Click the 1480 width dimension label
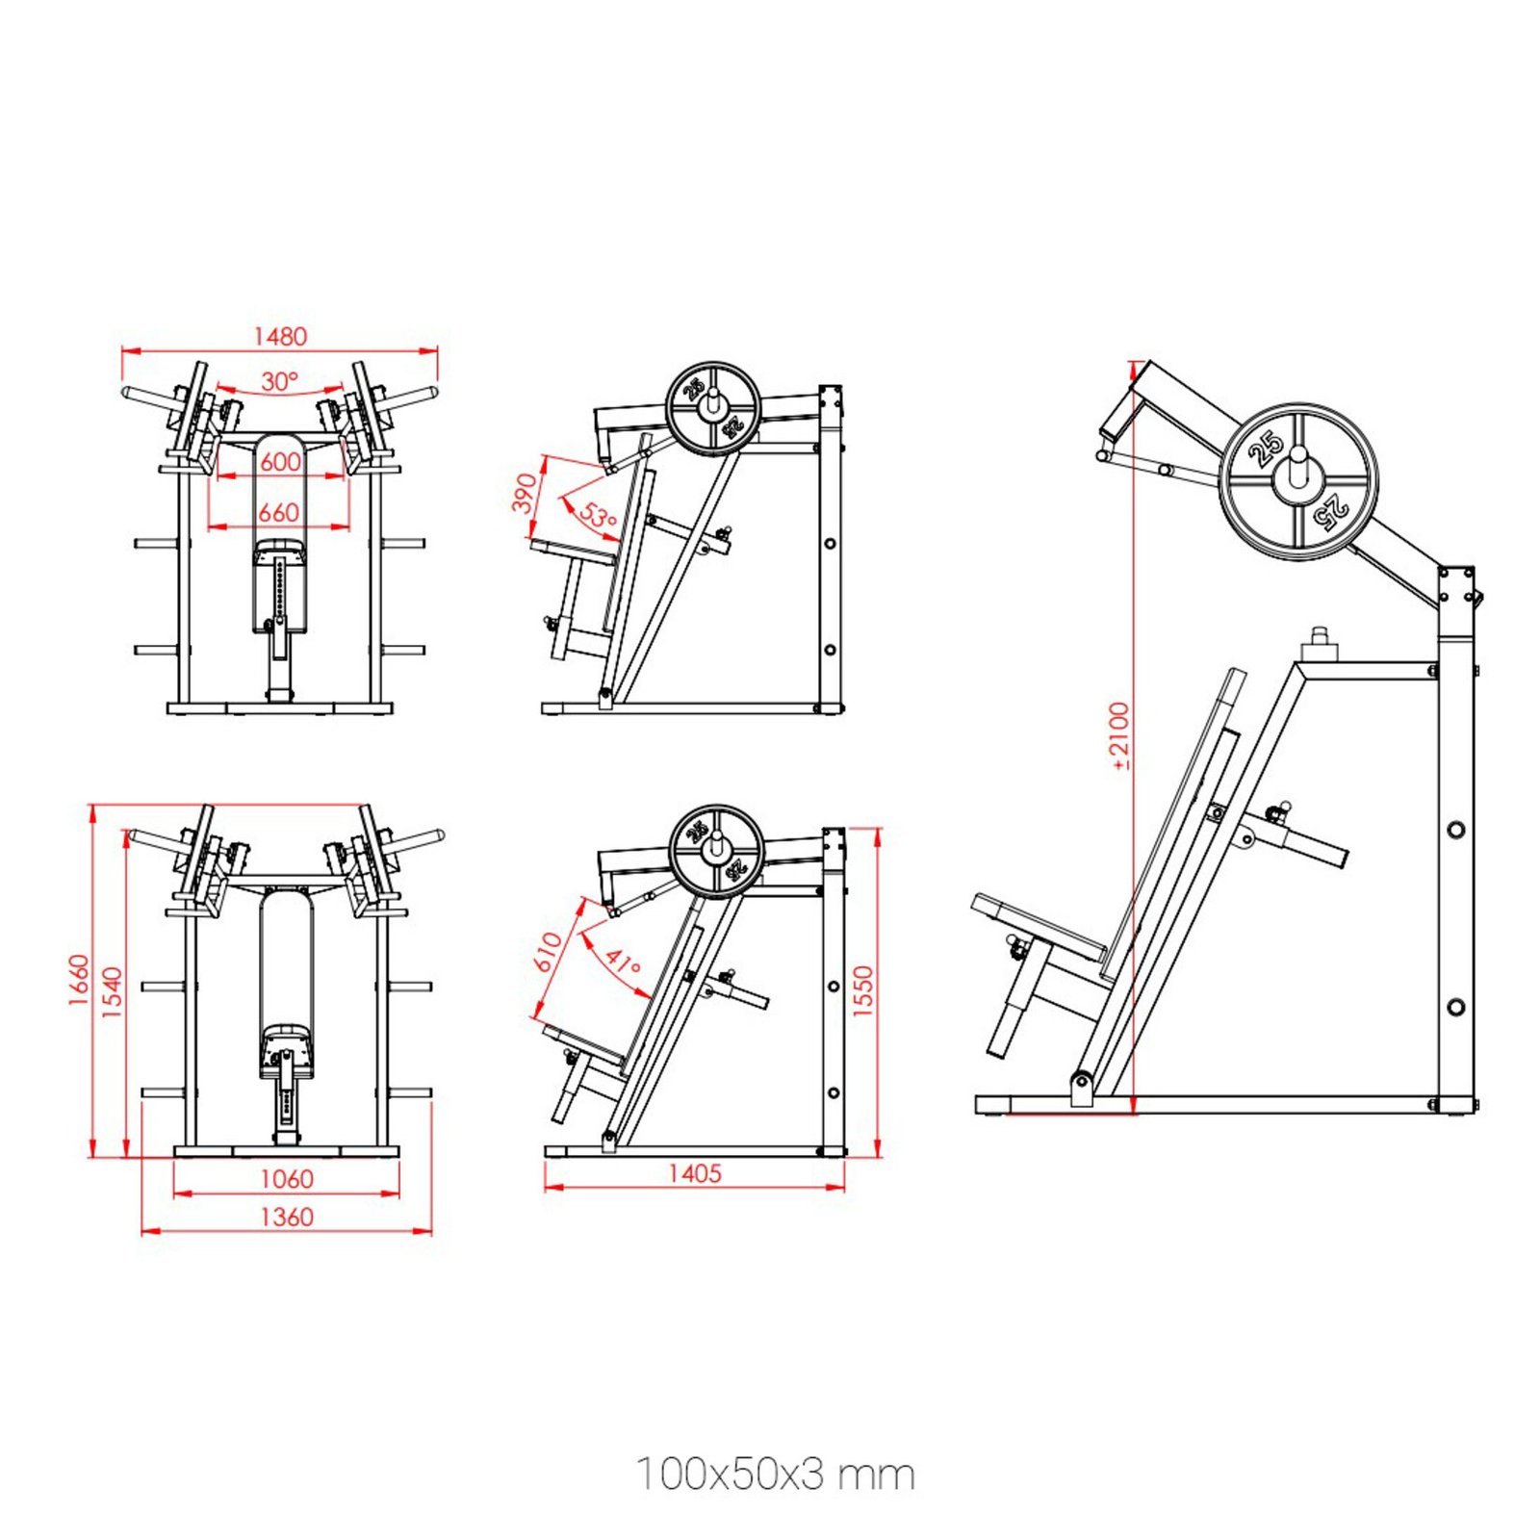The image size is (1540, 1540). (280, 336)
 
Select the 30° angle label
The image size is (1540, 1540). (280, 382)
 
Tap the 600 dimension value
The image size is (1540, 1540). (280, 462)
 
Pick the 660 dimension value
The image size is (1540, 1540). (279, 513)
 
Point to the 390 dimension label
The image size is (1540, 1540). (525, 493)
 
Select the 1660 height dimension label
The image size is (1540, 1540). (79, 980)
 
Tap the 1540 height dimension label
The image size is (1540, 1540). (113, 992)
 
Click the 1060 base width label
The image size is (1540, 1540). (287, 1179)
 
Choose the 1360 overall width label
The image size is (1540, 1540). (287, 1218)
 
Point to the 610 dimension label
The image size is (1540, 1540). (548, 952)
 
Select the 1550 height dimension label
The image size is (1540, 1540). (863, 990)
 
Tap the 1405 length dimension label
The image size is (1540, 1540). (695, 1173)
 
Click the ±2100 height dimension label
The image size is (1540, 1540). (1119, 736)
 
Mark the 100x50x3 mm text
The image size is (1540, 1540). (776, 1475)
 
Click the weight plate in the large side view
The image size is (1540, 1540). (1298, 481)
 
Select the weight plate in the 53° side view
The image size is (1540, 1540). (712, 407)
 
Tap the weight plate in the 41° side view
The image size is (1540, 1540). (716, 852)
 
